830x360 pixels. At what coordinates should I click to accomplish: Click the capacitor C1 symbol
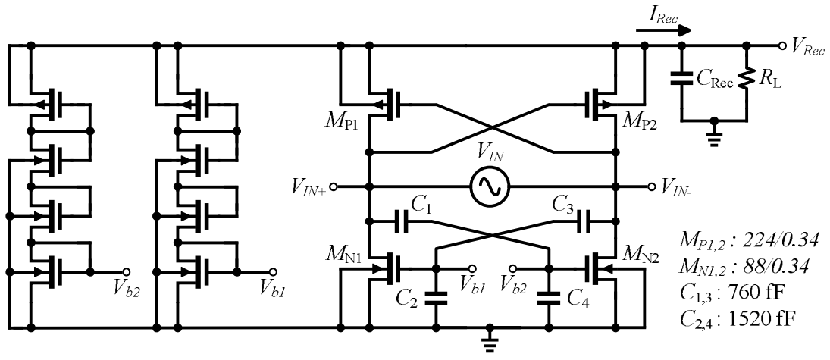pyautogui.click(x=402, y=222)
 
